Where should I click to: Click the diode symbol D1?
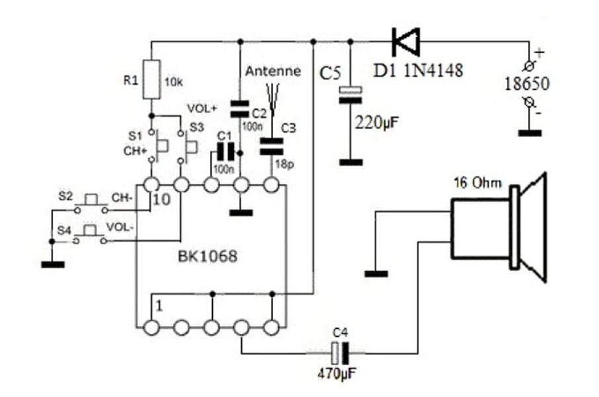[x=405, y=41]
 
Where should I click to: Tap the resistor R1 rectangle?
[x=152, y=79]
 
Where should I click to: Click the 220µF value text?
[x=376, y=122]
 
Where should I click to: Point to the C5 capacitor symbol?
[x=350, y=95]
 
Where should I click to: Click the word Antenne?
[x=272, y=71]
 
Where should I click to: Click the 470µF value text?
[x=338, y=373]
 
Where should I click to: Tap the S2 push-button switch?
[x=91, y=201]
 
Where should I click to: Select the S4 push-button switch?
[x=91, y=232]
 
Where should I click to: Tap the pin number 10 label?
[x=161, y=199]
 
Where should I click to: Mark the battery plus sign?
[x=538, y=52]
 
